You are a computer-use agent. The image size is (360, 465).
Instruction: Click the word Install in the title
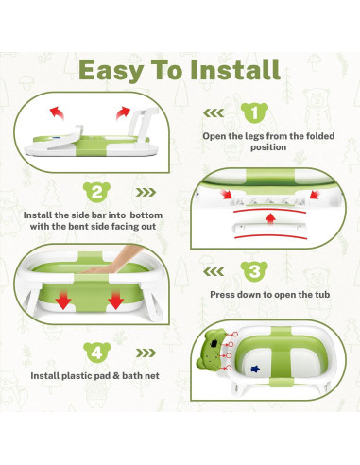pyautogui.click(x=235, y=69)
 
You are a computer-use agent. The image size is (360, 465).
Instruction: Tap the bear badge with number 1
pyautogui.click(x=254, y=112)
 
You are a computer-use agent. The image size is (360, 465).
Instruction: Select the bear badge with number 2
pyautogui.click(x=96, y=192)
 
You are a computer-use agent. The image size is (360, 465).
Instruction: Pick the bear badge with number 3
pyautogui.click(x=254, y=271)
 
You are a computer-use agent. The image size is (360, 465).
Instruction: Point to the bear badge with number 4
pyautogui.click(x=97, y=353)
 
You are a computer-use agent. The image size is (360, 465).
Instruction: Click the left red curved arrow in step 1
pyautogui.click(x=57, y=112)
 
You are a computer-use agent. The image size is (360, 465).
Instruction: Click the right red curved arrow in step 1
pyautogui.click(x=123, y=113)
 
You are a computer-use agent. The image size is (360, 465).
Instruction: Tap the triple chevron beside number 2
pyautogui.click(x=146, y=192)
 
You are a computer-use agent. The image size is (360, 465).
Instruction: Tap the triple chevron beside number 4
pyautogui.click(x=146, y=353)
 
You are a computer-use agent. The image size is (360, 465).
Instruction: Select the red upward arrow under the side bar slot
pyautogui.click(x=270, y=218)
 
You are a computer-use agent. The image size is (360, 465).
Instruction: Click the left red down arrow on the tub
pyautogui.click(x=63, y=301)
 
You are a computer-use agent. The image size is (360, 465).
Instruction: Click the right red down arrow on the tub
pyautogui.click(x=115, y=301)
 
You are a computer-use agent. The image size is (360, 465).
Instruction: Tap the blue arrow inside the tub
pyautogui.click(x=255, y=369)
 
